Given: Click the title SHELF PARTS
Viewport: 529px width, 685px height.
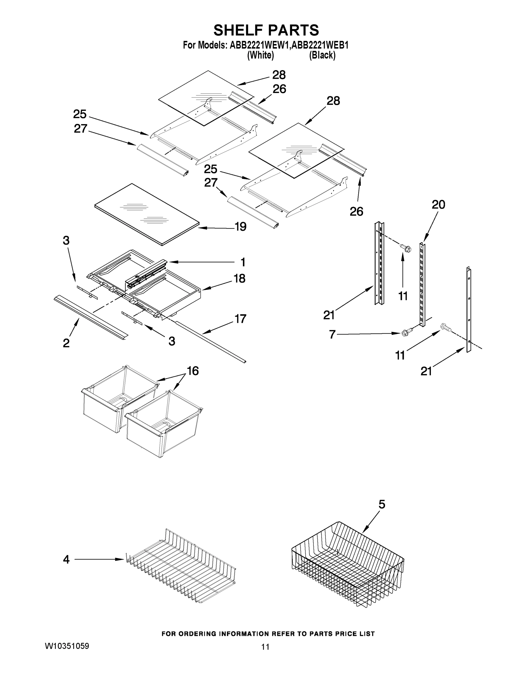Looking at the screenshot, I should pos(266,31).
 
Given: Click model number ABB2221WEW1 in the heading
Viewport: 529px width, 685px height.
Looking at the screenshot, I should pos(259,45).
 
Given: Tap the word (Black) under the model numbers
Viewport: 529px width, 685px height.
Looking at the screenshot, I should pos(322,56).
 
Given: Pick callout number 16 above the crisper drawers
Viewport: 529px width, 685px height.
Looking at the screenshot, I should pos(193,371).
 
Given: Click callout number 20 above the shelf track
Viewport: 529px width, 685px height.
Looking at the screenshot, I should pos(438,205).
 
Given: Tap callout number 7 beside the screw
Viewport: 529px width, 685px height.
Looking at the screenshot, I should pos(333,334).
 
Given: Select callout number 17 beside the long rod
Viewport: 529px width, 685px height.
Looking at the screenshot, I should pos(240,319).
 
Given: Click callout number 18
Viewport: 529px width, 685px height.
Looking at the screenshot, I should pos(240,279).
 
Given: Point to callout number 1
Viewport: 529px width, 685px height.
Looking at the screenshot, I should pos(243,262).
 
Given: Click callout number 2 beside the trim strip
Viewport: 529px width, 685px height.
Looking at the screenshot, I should pos(66,343).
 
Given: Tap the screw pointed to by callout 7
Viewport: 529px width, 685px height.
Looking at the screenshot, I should pos(405,332).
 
